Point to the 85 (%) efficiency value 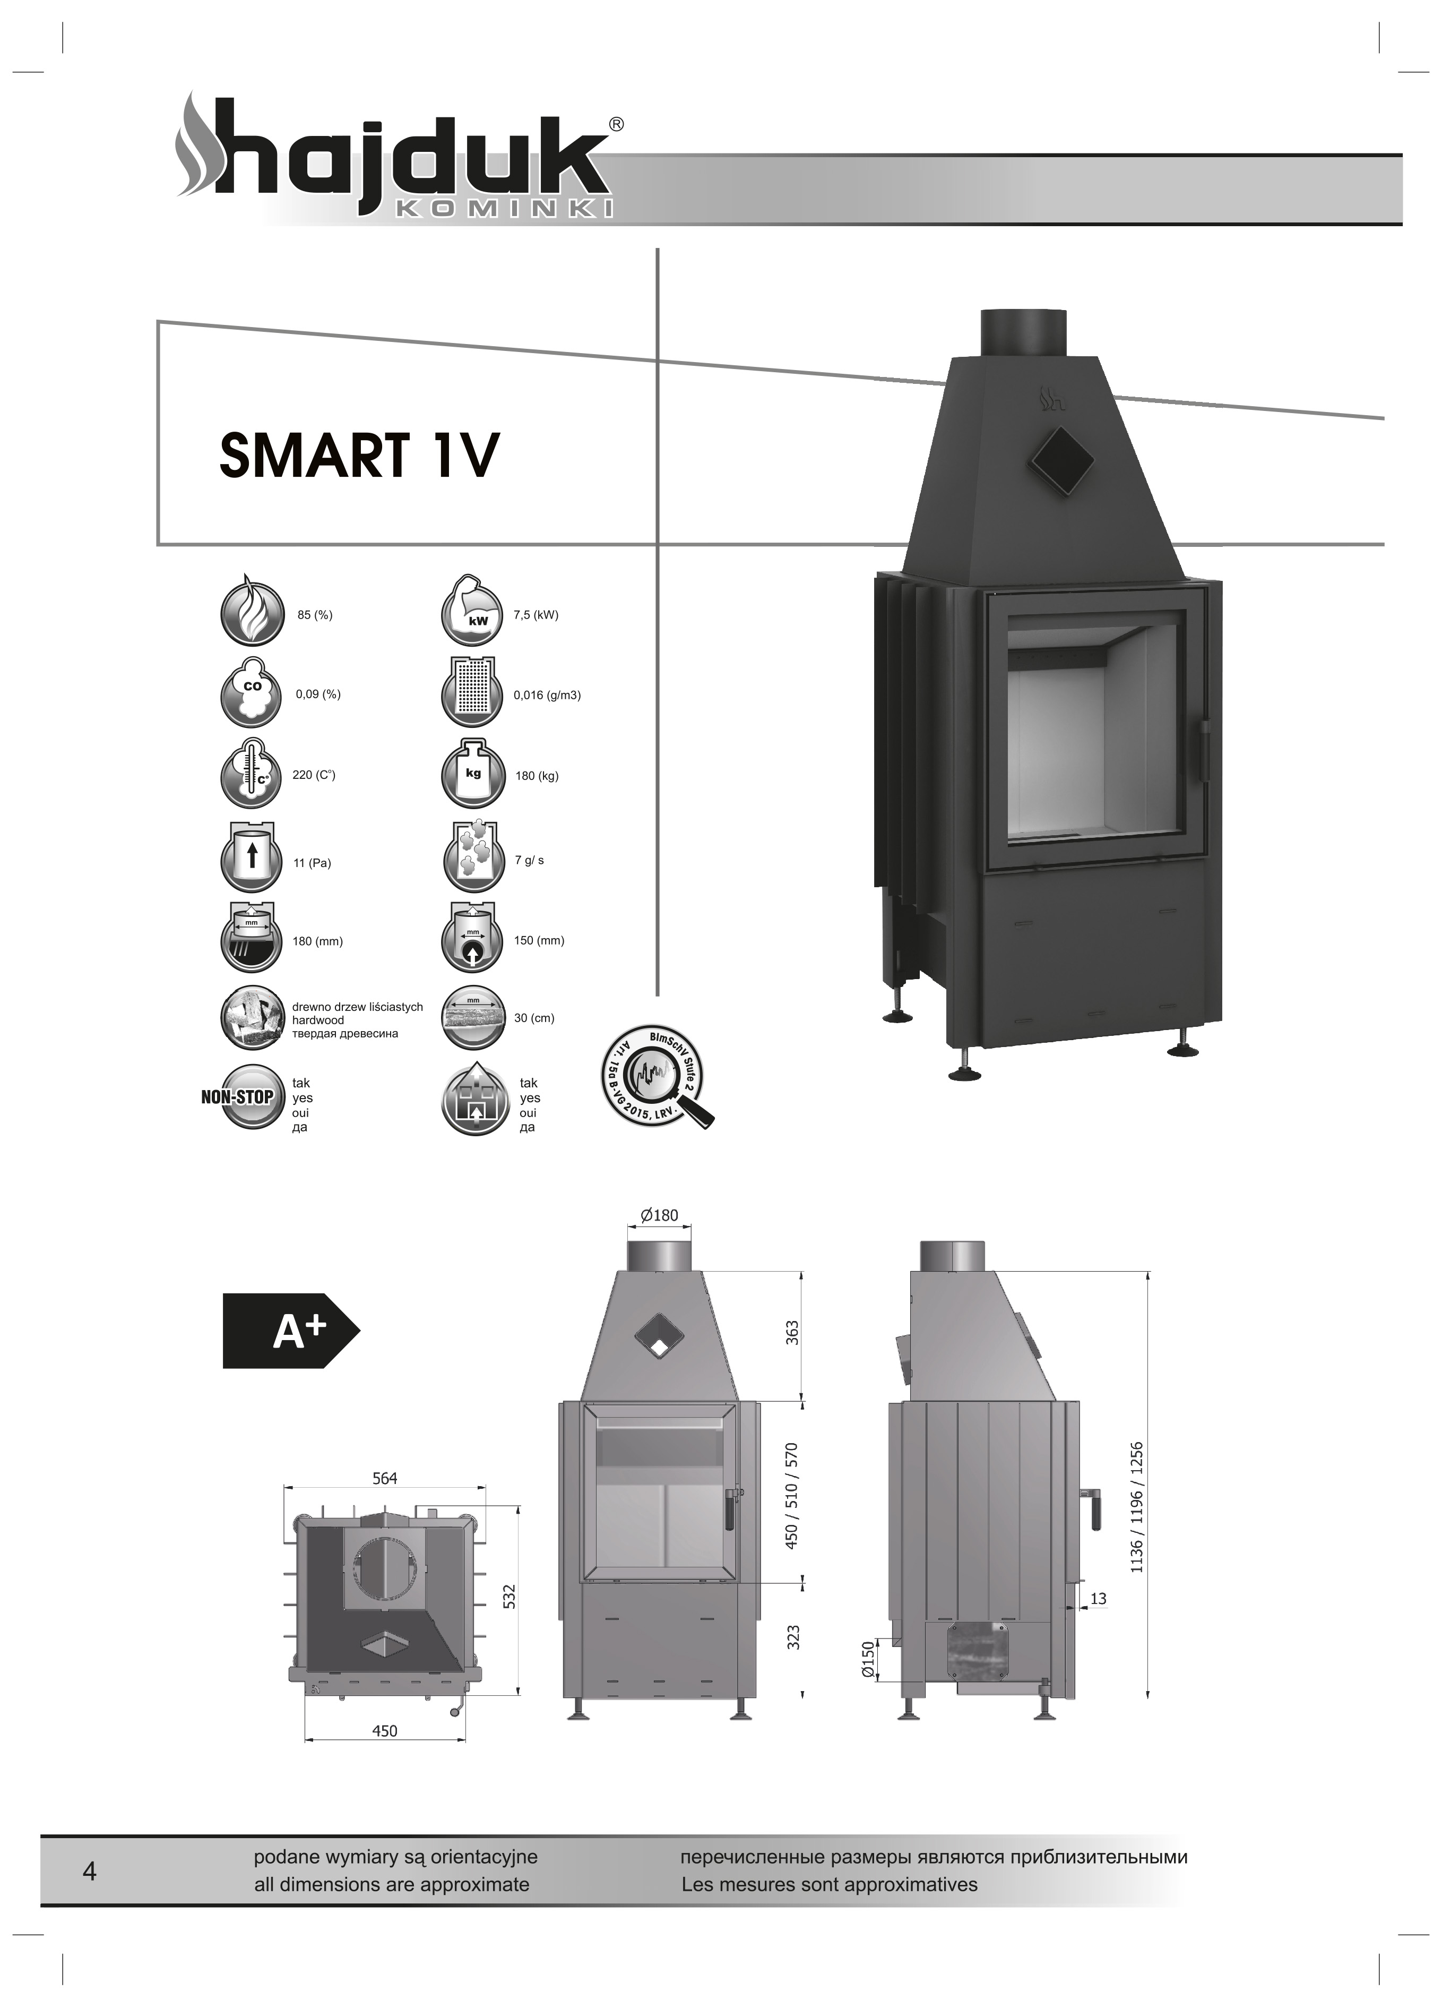(x=315, y=615)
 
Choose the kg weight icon (x=474, y=775)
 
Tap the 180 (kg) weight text (x=537, y=776)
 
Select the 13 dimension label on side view (x=1098, y=1599)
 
